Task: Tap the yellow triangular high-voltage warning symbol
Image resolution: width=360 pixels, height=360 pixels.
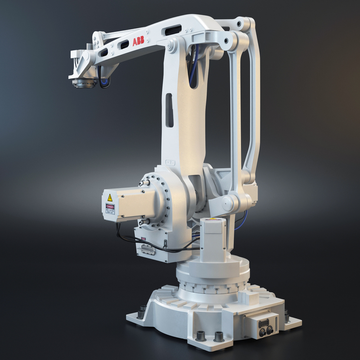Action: [110, 198]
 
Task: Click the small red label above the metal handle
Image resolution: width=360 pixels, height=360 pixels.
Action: [144, 239]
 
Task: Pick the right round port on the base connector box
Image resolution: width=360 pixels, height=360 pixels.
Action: [270, 329]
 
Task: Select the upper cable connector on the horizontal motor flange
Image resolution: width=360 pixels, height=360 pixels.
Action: [143, 183]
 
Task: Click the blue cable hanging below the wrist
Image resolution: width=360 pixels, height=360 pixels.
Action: [104, 83]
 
